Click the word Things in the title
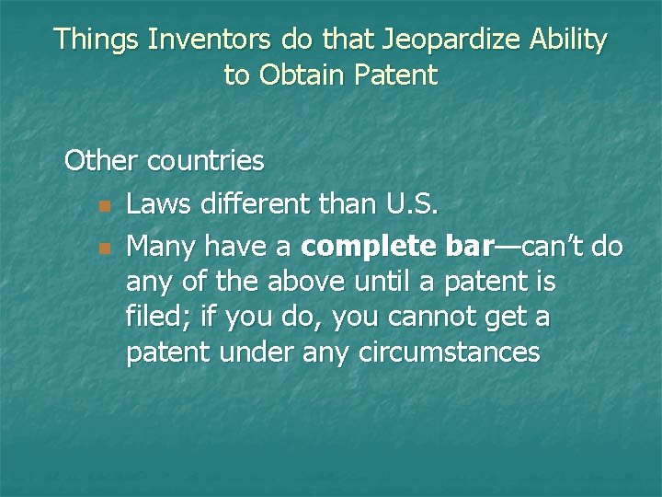[x=97, y=40]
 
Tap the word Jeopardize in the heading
[x=435, y=40]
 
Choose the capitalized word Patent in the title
[x=396, y=75]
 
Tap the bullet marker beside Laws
[x=105, y=205]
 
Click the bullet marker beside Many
[x=105, y=248]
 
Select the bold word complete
[x=369, y=248]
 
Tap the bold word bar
[x=469, y=247]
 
